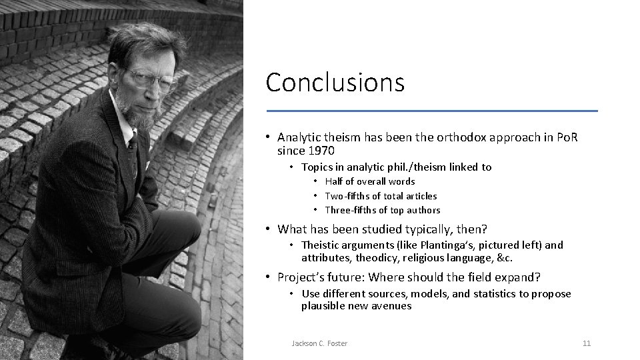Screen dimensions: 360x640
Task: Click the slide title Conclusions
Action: [335, 83]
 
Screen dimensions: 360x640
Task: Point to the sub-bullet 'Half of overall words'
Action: [369, 181]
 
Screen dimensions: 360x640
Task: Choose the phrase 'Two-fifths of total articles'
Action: [381, 196]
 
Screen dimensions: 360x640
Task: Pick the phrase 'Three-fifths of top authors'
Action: [382, 210]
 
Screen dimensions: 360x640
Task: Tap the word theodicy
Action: [376, 258]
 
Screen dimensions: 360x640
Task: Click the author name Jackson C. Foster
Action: [319, 343]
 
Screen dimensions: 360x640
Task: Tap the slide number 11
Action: [587, 343]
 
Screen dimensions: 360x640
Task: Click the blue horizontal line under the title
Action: [432, 110]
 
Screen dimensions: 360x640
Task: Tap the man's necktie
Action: [133, 143]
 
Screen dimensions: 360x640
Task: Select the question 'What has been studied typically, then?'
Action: [382, 229]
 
